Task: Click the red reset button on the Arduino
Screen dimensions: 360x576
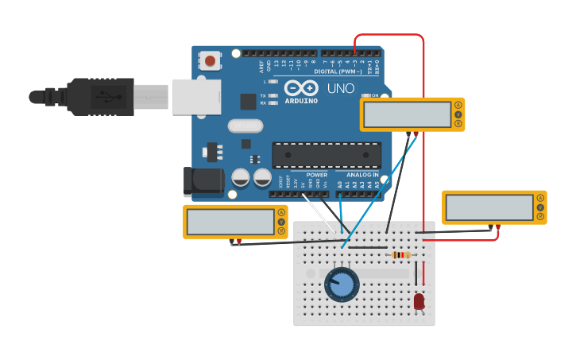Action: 210,60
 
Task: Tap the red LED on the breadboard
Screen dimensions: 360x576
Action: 419,301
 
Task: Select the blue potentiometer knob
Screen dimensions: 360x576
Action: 342,285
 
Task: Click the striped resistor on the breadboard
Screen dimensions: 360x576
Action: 402,255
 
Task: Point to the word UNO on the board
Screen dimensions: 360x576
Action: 341,88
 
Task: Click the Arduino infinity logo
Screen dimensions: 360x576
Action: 302,88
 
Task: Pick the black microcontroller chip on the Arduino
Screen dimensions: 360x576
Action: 326,155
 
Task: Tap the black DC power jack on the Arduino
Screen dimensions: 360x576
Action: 203,181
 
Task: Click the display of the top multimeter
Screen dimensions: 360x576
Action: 408,114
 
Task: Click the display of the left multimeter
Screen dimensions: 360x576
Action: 230,222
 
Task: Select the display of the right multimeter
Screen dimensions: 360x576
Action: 489,207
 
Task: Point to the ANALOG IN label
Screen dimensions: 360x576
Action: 362,175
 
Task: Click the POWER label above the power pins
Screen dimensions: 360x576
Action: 316,175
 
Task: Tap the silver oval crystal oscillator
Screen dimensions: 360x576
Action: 245,126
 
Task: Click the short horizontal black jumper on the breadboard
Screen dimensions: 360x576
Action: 368,247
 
